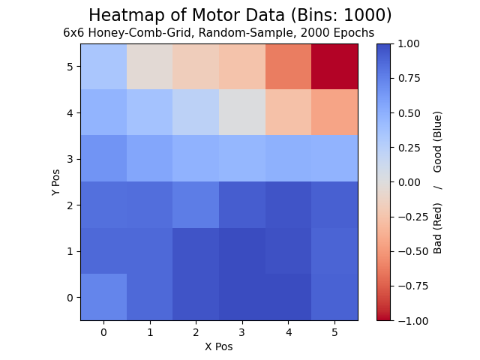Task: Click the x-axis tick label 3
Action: pyautogui.click(x=242, y=332)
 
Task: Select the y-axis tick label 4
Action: pyautogui.click(x=70, y=113)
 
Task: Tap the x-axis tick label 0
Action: pyautogui.click(x=103, y=332)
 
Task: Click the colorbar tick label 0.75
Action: pyautogui.click(x=409, y=78)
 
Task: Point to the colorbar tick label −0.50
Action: pyautogui.click(x=413, y=251)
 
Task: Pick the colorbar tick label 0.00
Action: pyautogui.click(x=409, y=182)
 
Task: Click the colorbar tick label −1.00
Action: pyautogui.click(x=413, y=321)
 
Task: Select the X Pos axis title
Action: pyautogui.click(x=219, y=346)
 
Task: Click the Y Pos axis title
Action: pyautogui.click(x=55, y=182)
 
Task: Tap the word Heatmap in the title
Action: pyautogui.click(x=127, y=15)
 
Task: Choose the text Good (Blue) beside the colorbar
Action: pyautogui.click(x=437, y=142)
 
